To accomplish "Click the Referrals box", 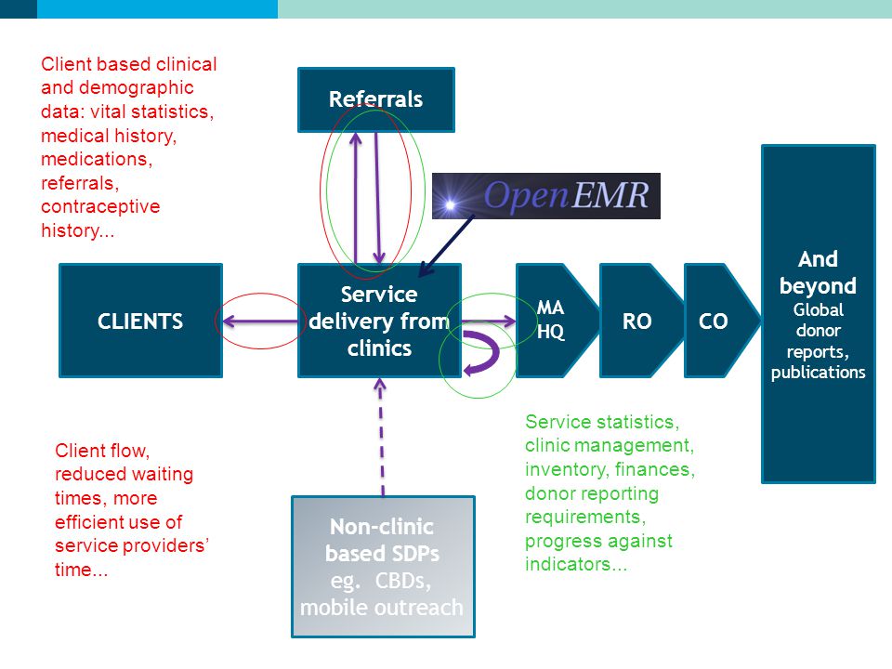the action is (x=376, y=99).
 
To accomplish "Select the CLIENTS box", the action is (x=140, y=321).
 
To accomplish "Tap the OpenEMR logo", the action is (x=546, y=196).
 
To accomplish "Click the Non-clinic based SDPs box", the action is (x=383, y=567).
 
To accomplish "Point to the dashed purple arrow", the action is (x=381, y=437).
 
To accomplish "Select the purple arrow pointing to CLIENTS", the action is (x=260, y=321).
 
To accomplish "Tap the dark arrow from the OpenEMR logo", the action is (x=446, y=245).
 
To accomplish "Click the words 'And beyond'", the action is (x=818, y=272).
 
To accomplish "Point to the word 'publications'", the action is (x=818, y=372).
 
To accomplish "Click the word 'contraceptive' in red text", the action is (x=100, y=206).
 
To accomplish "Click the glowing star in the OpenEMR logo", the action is (x=451, y=204).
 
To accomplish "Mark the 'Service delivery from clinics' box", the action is (x=379, y=321).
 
